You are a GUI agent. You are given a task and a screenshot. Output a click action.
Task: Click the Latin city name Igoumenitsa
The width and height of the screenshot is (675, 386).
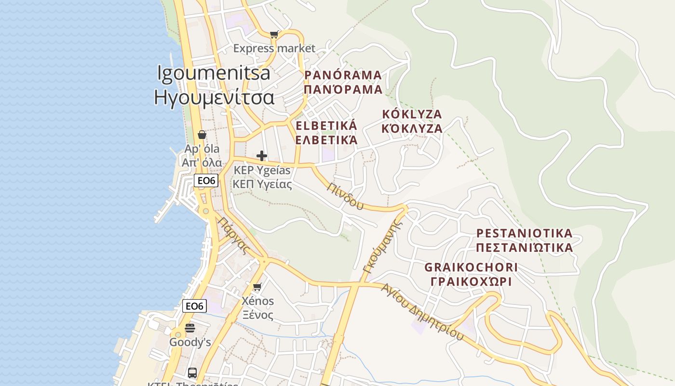pos(214,73)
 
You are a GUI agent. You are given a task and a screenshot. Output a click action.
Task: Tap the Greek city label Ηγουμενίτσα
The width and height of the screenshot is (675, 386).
pos(214,97)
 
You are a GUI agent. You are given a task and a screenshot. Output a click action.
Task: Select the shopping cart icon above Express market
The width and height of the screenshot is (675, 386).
pos(274,34)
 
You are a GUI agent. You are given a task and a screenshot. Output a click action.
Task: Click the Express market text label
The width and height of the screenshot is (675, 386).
pos(274,48)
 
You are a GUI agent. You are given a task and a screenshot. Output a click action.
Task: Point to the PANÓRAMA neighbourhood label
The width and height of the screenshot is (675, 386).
pos(343,75)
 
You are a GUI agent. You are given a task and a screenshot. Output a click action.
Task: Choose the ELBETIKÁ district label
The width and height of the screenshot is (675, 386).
pos(326,126)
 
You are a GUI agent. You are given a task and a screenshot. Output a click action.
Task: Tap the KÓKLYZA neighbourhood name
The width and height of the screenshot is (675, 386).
pos(412,114)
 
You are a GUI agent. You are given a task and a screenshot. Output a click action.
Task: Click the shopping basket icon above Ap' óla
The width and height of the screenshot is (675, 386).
pos(202,135)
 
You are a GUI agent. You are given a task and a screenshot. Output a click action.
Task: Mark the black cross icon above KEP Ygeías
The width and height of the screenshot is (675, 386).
pos(262,156)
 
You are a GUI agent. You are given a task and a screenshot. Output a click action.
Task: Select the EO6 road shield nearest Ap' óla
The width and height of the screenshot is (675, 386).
pos(206,181)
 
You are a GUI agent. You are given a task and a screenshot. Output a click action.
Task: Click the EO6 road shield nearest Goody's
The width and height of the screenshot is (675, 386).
pos(195,306)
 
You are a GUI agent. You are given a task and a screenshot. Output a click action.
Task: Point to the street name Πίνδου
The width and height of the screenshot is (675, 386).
pos(345,196)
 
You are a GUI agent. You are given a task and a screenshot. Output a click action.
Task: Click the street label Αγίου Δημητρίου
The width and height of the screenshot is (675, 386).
pos(422,312)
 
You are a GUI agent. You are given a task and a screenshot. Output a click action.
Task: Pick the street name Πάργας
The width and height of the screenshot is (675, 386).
pos(234,235)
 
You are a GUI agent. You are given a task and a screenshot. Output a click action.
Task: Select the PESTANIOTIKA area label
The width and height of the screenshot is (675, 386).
pos(524,234)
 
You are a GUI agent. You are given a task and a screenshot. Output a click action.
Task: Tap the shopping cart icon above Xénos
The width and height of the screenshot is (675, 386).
pos(257,287)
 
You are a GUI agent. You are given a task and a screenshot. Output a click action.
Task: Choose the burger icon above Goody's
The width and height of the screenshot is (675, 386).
pos(190,328)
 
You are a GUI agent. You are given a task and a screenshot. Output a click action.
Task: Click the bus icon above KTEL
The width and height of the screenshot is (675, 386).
pos(192,372)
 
